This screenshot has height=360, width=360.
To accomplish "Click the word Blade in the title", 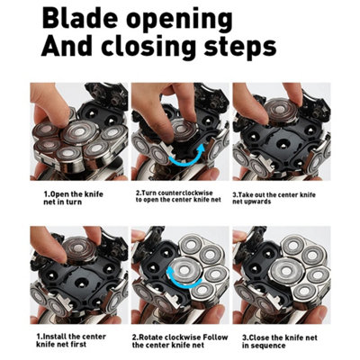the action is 80,19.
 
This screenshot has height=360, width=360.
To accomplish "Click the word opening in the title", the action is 179,22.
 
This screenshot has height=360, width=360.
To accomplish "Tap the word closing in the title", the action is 149,49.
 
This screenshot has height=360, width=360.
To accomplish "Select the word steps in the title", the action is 240,49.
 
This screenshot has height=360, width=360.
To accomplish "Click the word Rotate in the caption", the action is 152,337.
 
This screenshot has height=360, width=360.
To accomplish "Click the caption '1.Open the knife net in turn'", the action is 73,198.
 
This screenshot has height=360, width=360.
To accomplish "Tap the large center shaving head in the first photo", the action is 80,132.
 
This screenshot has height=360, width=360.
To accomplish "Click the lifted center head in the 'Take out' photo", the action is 282,112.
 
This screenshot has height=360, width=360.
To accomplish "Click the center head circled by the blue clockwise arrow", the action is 184,271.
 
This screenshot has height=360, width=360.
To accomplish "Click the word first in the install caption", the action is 77,345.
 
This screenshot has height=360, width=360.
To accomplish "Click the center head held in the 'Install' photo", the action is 79,250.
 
